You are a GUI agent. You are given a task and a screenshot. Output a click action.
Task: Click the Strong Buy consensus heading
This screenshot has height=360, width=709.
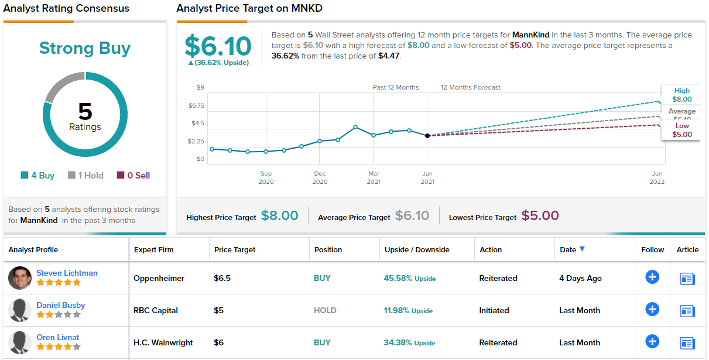coord(85,48)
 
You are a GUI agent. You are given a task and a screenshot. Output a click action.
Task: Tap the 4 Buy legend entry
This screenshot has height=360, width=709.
coord(38,176)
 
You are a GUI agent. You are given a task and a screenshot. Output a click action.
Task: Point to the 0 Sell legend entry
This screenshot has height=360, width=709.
coord(133,176)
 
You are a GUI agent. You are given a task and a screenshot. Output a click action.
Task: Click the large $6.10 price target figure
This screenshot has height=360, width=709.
coord(218,46)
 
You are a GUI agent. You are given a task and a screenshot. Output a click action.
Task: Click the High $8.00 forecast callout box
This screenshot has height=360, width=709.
coord(681,95)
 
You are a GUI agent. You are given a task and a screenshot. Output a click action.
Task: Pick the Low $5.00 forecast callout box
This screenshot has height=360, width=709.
coord(681,130)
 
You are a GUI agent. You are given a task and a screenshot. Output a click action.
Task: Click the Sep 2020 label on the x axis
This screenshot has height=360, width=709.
coord(266,177)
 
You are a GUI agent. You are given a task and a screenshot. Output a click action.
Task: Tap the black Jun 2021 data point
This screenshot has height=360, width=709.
coord(427,135)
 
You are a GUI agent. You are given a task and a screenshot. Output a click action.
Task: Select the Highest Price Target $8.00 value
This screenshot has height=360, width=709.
coord(280,215)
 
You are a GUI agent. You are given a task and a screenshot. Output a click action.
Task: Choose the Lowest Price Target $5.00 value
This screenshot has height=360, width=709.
coord(540,215)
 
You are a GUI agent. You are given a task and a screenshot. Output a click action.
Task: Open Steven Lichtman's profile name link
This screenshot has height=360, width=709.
coord(67,273)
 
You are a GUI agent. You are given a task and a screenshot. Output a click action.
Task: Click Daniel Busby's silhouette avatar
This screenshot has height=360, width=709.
coord(20,310)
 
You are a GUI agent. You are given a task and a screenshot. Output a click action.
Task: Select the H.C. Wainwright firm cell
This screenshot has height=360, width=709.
coord(163,342)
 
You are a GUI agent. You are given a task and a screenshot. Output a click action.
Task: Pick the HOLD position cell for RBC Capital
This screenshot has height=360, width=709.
coord(325,310)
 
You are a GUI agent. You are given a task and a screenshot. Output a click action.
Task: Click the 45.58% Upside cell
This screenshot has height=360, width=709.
coord(410,278)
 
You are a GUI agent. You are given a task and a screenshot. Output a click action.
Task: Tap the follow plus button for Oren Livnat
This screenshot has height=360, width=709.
coord(652,341)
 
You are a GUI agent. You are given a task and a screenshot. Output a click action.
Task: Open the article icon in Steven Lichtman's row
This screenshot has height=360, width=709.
coord(687,279)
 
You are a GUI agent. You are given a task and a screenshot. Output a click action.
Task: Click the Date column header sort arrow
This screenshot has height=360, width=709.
coord(582,249)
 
